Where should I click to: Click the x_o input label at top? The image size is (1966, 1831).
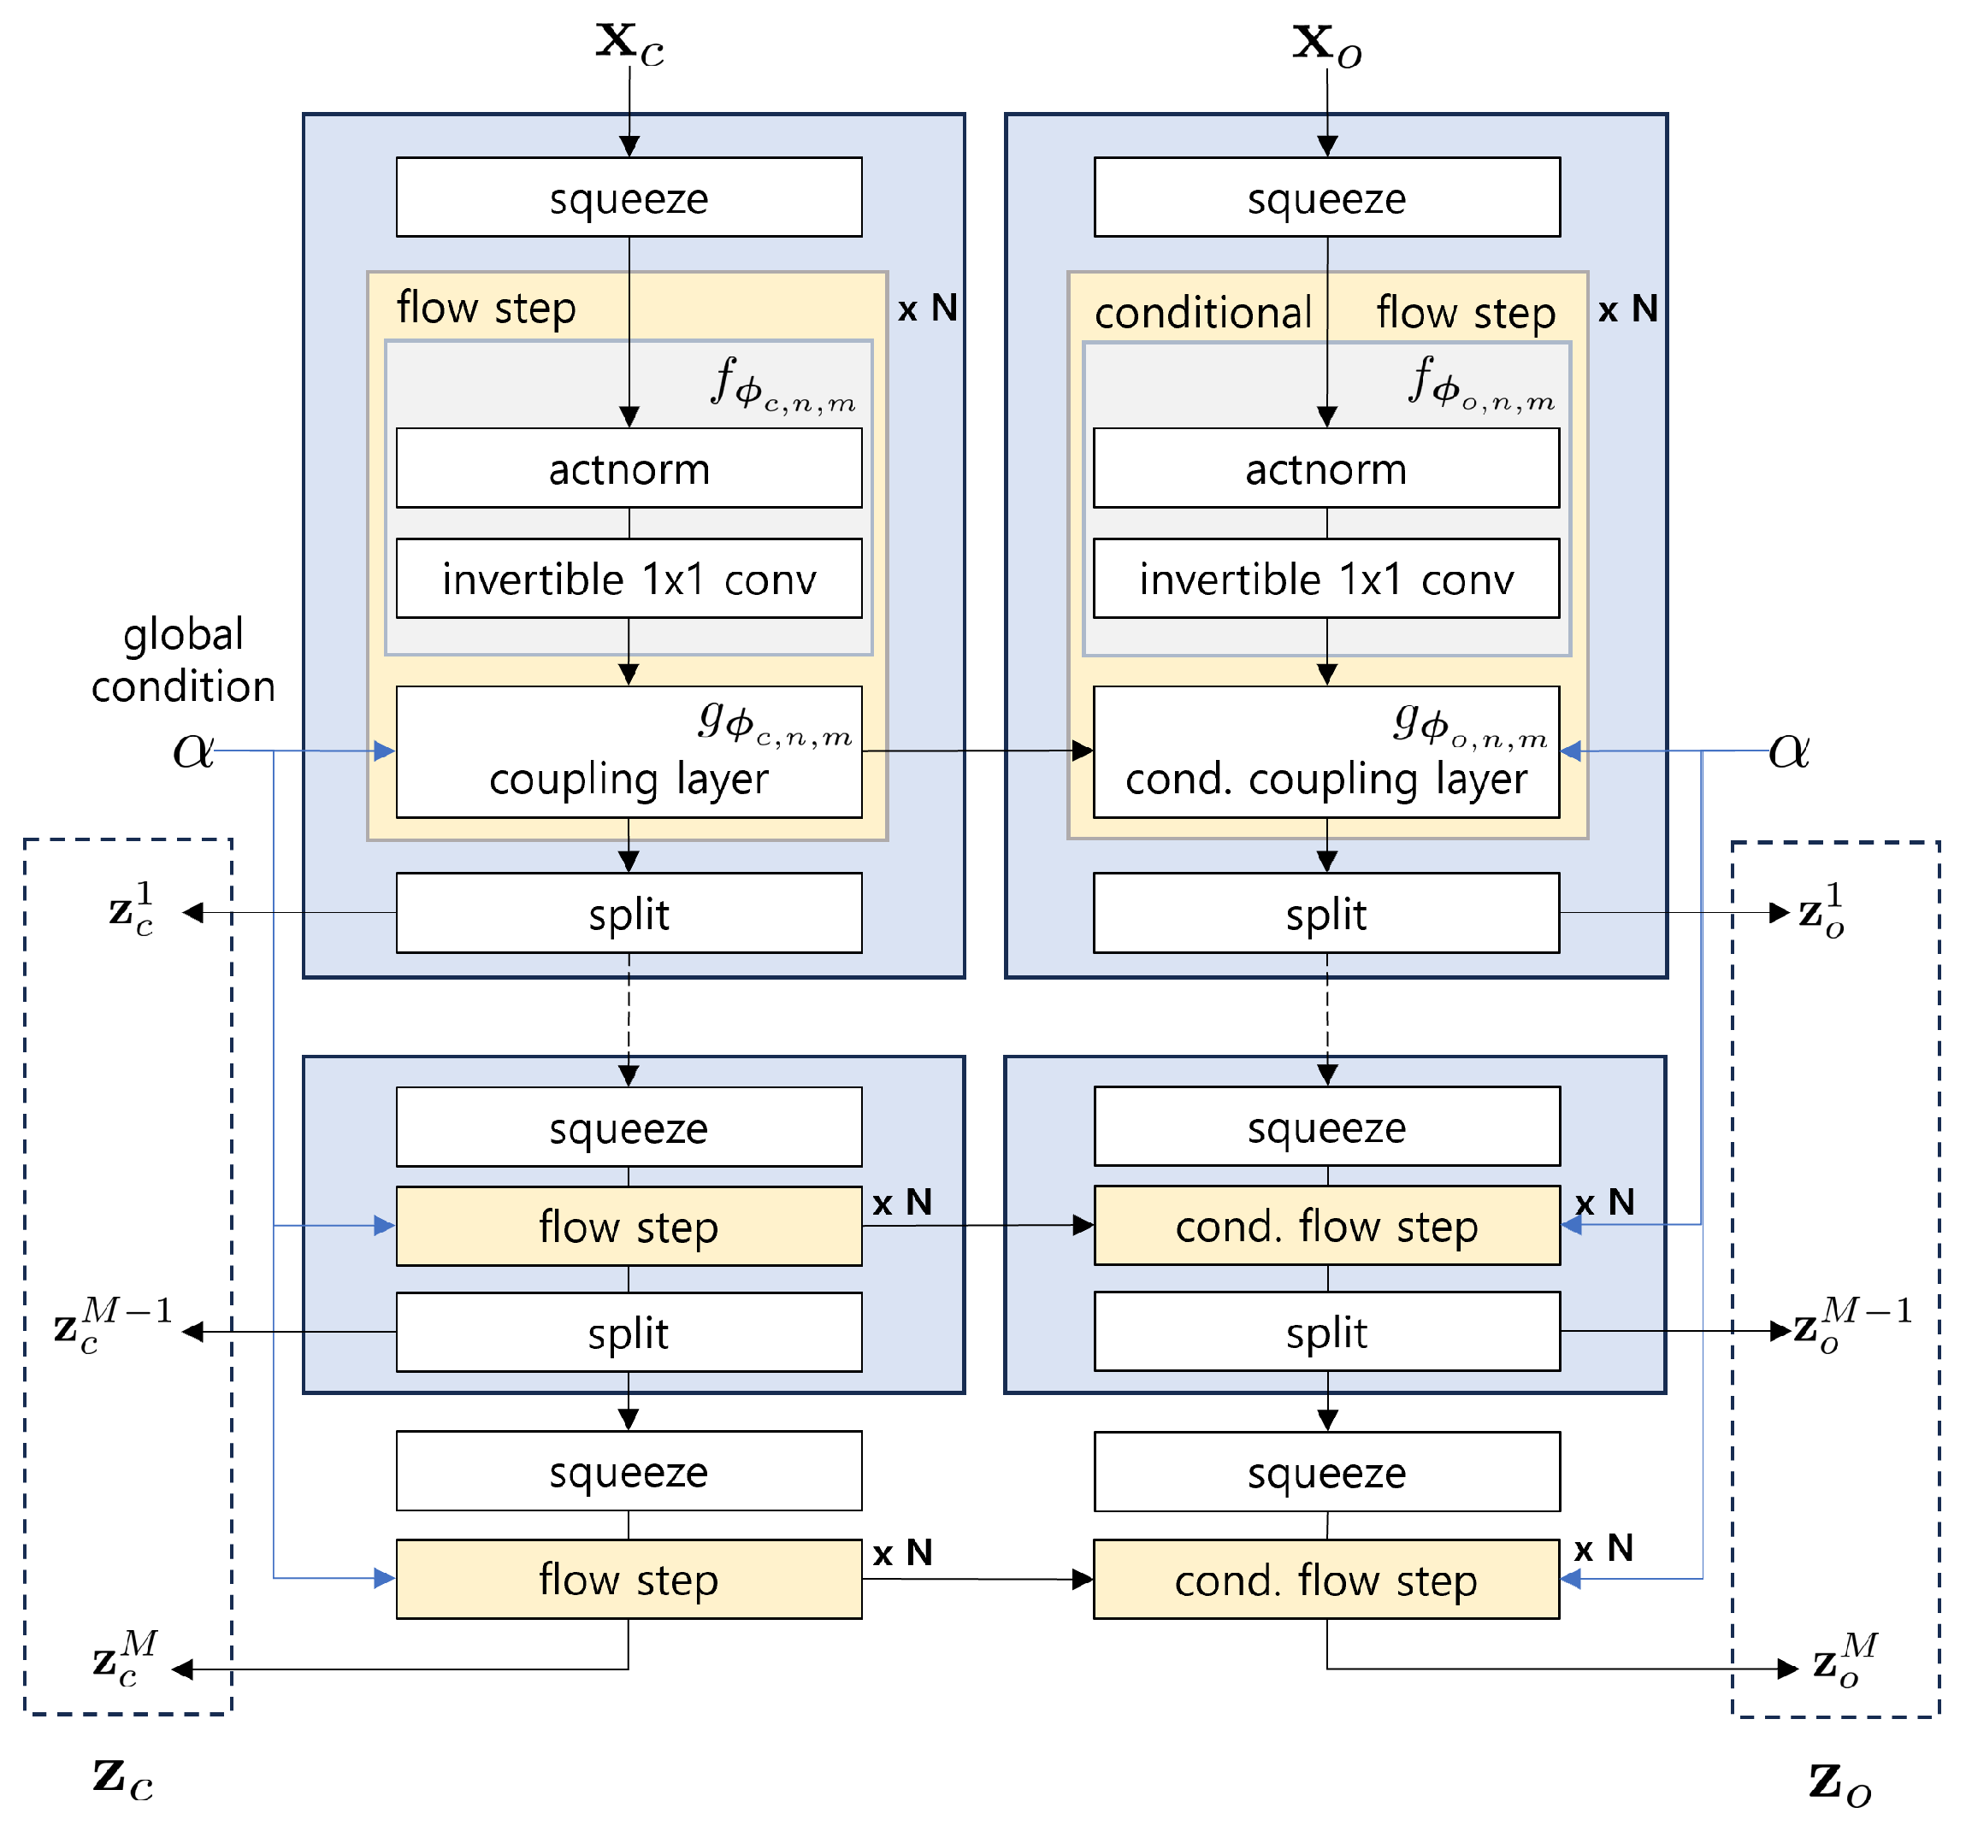[x=1326, y=45]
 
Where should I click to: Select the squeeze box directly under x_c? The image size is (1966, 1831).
[x=629, y=197]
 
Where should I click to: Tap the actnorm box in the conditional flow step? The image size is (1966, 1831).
[x=1326, y=468]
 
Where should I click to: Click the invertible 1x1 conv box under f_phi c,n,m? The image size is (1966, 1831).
[x=629, y=580]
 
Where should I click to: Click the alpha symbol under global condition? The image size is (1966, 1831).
[x=193, y=751]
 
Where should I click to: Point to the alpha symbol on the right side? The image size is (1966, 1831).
[x=1789, y=751]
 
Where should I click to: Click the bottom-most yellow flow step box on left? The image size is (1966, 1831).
[x=629, y=1580]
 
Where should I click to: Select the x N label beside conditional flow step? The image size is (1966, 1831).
[x=1627, y=309]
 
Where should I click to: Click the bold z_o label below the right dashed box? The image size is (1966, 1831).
[x=1839, y=1782]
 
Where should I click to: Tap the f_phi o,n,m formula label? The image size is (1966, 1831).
[x=1480, y=385]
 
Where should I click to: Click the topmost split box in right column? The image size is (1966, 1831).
[x=1326, y=915]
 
